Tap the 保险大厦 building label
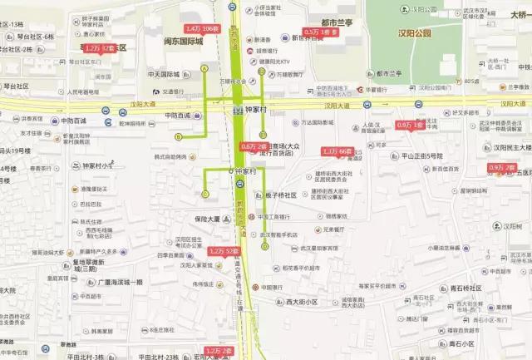click(203, 219)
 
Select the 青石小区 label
click(461, 343)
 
